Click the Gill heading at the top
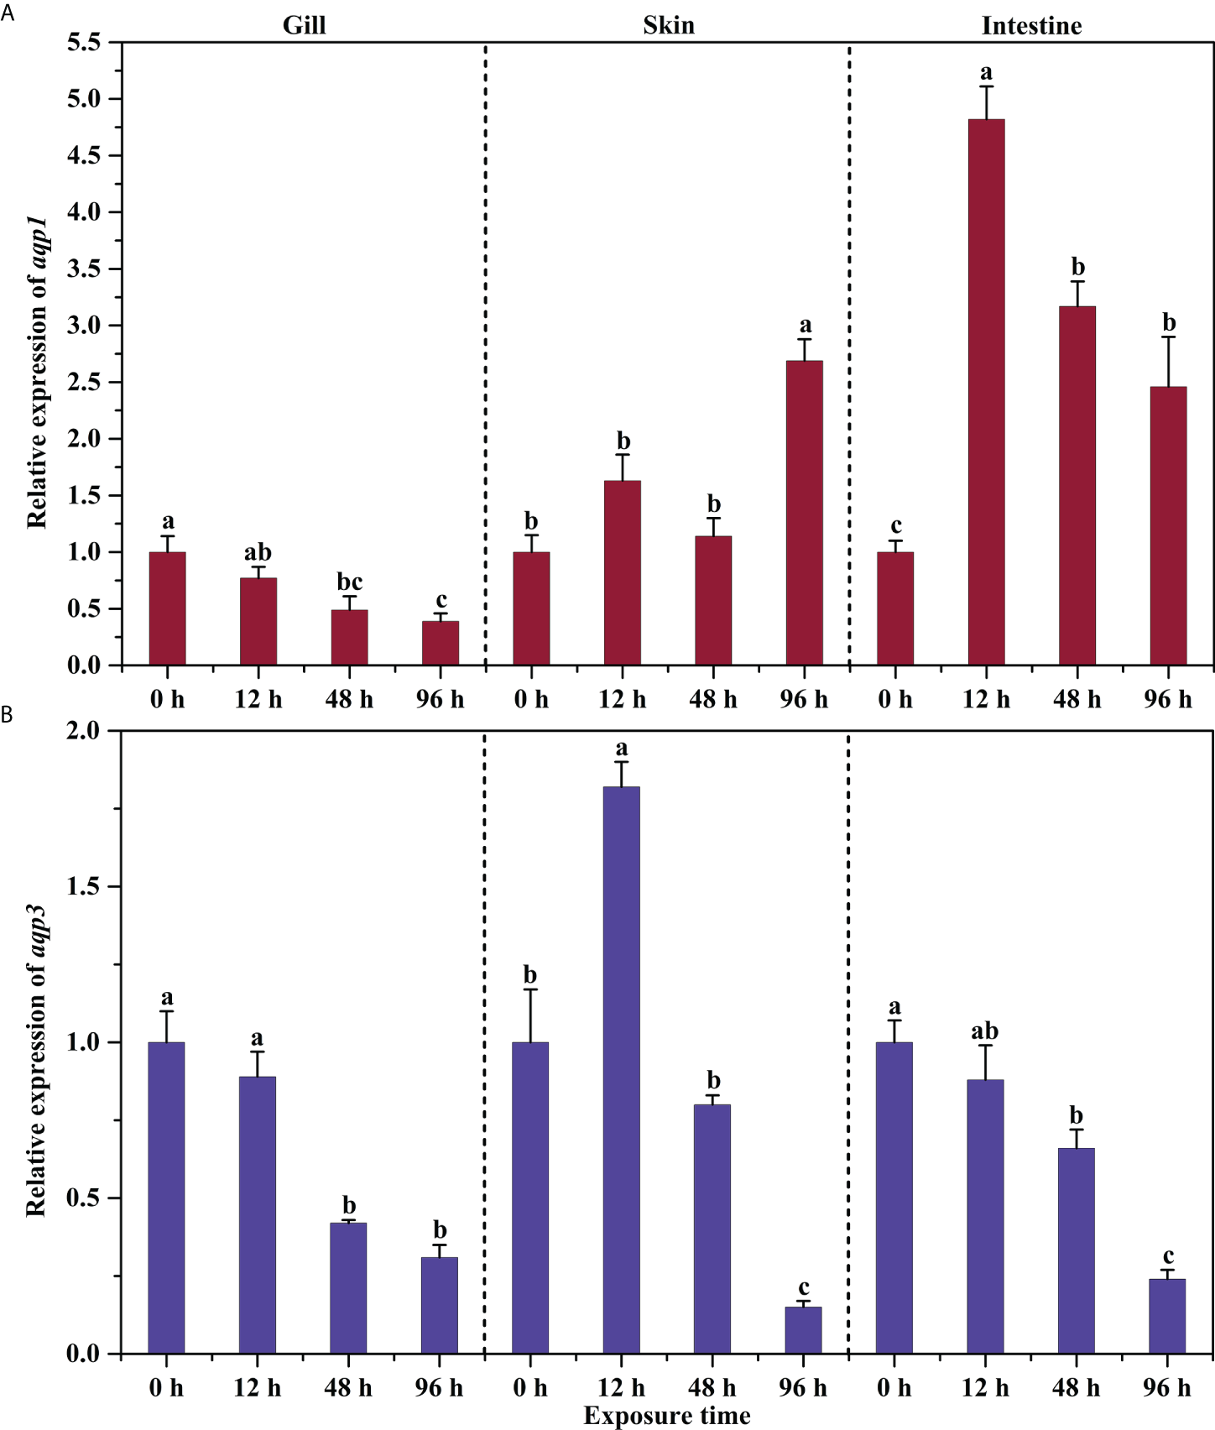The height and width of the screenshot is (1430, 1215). click(x=304, y=25)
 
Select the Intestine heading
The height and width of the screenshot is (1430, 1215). click(x=1031, y=26)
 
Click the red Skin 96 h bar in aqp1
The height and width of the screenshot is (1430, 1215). click(x=804, y=513)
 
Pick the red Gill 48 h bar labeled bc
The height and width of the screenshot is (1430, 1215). click(x=349, y=637)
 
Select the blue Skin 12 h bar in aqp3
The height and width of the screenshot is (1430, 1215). click(x=621, y=1070)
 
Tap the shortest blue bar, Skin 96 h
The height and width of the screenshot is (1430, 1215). click(x=803, y=1330)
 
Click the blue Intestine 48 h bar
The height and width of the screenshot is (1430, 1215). click(x=1076, y=1250)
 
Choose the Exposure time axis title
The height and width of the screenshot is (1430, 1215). click(x=667, y=1416)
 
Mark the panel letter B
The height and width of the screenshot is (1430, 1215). click(x=7, y=715)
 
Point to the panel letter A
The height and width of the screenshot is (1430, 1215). click(x=7, y=13)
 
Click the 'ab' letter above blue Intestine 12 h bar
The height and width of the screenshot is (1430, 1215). click(x=984, y=1031)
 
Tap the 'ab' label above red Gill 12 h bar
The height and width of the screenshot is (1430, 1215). click(x=258, y=553)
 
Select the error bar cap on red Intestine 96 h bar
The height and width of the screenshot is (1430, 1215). click(x=1168, y=337)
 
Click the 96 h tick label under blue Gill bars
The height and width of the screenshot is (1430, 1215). click(x=439, y=1388)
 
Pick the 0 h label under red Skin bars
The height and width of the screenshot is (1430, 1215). click(x=531, y=699)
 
